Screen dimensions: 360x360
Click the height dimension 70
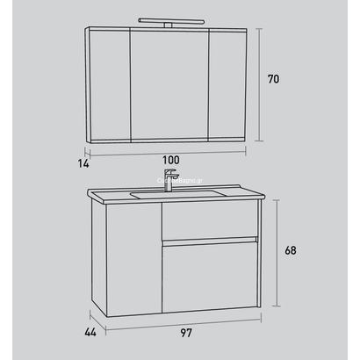click(x=273, y=79)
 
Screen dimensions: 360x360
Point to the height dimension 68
click(x=291, y=250)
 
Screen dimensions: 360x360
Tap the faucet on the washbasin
click(x=169, y=180)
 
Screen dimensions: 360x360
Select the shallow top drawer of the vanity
click(x=209, y=225)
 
